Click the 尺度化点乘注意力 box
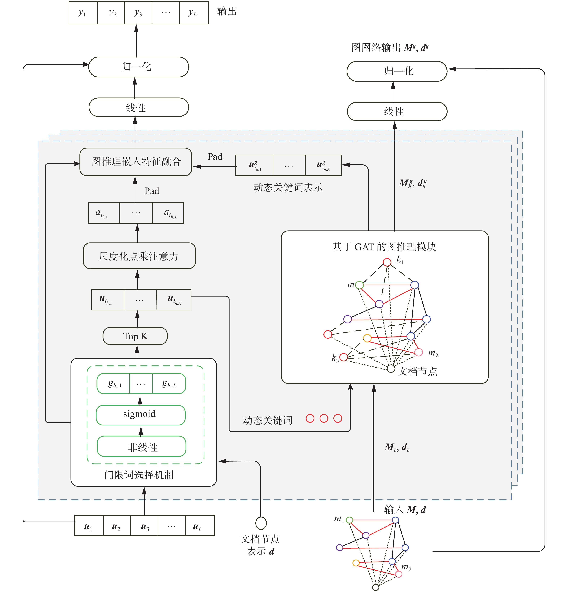(139, 256)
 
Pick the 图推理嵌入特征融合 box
(136, 162)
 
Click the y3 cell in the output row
(138, 13)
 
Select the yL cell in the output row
(193, 13)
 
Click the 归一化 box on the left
(138, 67)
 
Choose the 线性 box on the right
(397, 111)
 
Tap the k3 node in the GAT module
(344, 357)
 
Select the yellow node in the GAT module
(367, 338)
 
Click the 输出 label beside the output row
(227, 12)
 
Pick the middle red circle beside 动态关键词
(324, 418)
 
